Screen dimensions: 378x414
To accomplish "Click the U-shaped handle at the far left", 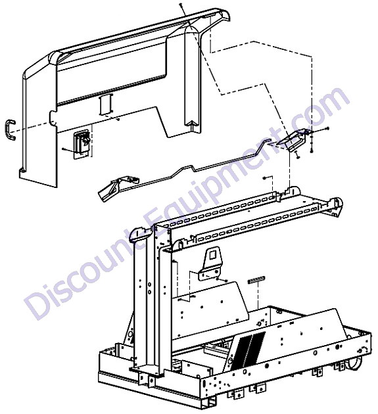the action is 8,129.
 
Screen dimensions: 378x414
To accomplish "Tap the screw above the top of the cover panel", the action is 181,5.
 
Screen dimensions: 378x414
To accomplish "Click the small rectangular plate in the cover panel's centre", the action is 106,104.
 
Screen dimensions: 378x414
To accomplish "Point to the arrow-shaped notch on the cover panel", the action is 192,125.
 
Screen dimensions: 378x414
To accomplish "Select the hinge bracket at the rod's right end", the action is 293,140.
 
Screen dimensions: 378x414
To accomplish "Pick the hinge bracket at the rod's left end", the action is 116,187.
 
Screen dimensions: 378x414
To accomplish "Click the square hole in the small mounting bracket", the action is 212,255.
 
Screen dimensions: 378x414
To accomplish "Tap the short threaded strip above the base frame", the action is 256,279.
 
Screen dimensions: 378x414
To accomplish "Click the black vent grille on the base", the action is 248,351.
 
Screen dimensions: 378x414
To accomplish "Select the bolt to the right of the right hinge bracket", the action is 327,129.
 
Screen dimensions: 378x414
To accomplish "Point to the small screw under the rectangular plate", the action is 118,120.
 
